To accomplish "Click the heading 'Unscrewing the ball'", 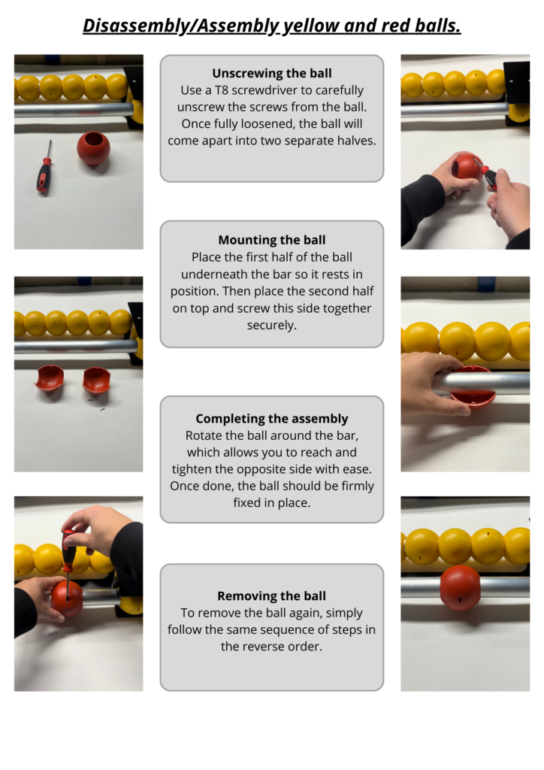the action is click(x=272, y=73).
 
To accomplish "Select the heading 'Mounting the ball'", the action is click(x=272, y=240).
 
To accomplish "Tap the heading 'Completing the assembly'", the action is click(x=272, y=418).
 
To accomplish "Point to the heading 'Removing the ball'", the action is click(x=272, y=596).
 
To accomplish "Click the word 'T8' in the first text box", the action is click(x=222, y=90).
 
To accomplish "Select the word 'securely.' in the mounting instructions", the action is click(x=272, y=325).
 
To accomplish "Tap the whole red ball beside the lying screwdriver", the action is click(x=93, y=148).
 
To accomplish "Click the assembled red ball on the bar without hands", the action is click(x=460, y=588).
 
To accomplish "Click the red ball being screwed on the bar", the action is click(x=67, y=598).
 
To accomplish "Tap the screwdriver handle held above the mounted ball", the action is click(x=68, y=549).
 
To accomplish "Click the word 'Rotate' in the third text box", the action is click(x=201, y=435).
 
